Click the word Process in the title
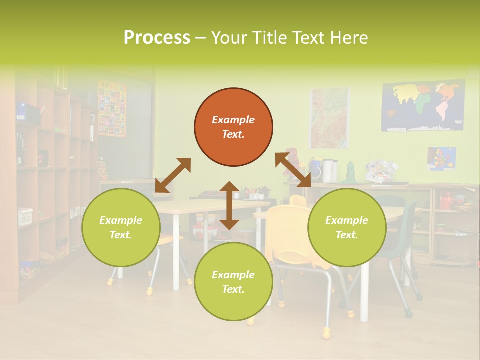pyautogui.click(x=157, y=37)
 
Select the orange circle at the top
pyautogui.click(x=233, y=127)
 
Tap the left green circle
pyautogui.click(x=121, y=227)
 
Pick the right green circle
pyautogui.click(x=347, y=227)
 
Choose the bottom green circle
pyautogui.click(x=233, y=282)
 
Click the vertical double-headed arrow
pyautogui.click(x=229, y=205)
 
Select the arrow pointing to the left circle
pyautogui.click(x=173, y=175)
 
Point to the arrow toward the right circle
pyautogui.click(x=293, y=170)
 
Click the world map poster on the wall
pyautogui.click(x=423, y=106)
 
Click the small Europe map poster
pyautogui.click(x=441, y=158)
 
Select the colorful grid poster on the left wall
pyautogui.click(x=112, y=108)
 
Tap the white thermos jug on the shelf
pyautogui.click(x=327, y=171)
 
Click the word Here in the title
pyautogui.click(x=349, y=37)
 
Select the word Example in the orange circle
pyautogui.click(x=233, y=120)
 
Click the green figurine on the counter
pyautogui.click(x=351, y=173)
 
